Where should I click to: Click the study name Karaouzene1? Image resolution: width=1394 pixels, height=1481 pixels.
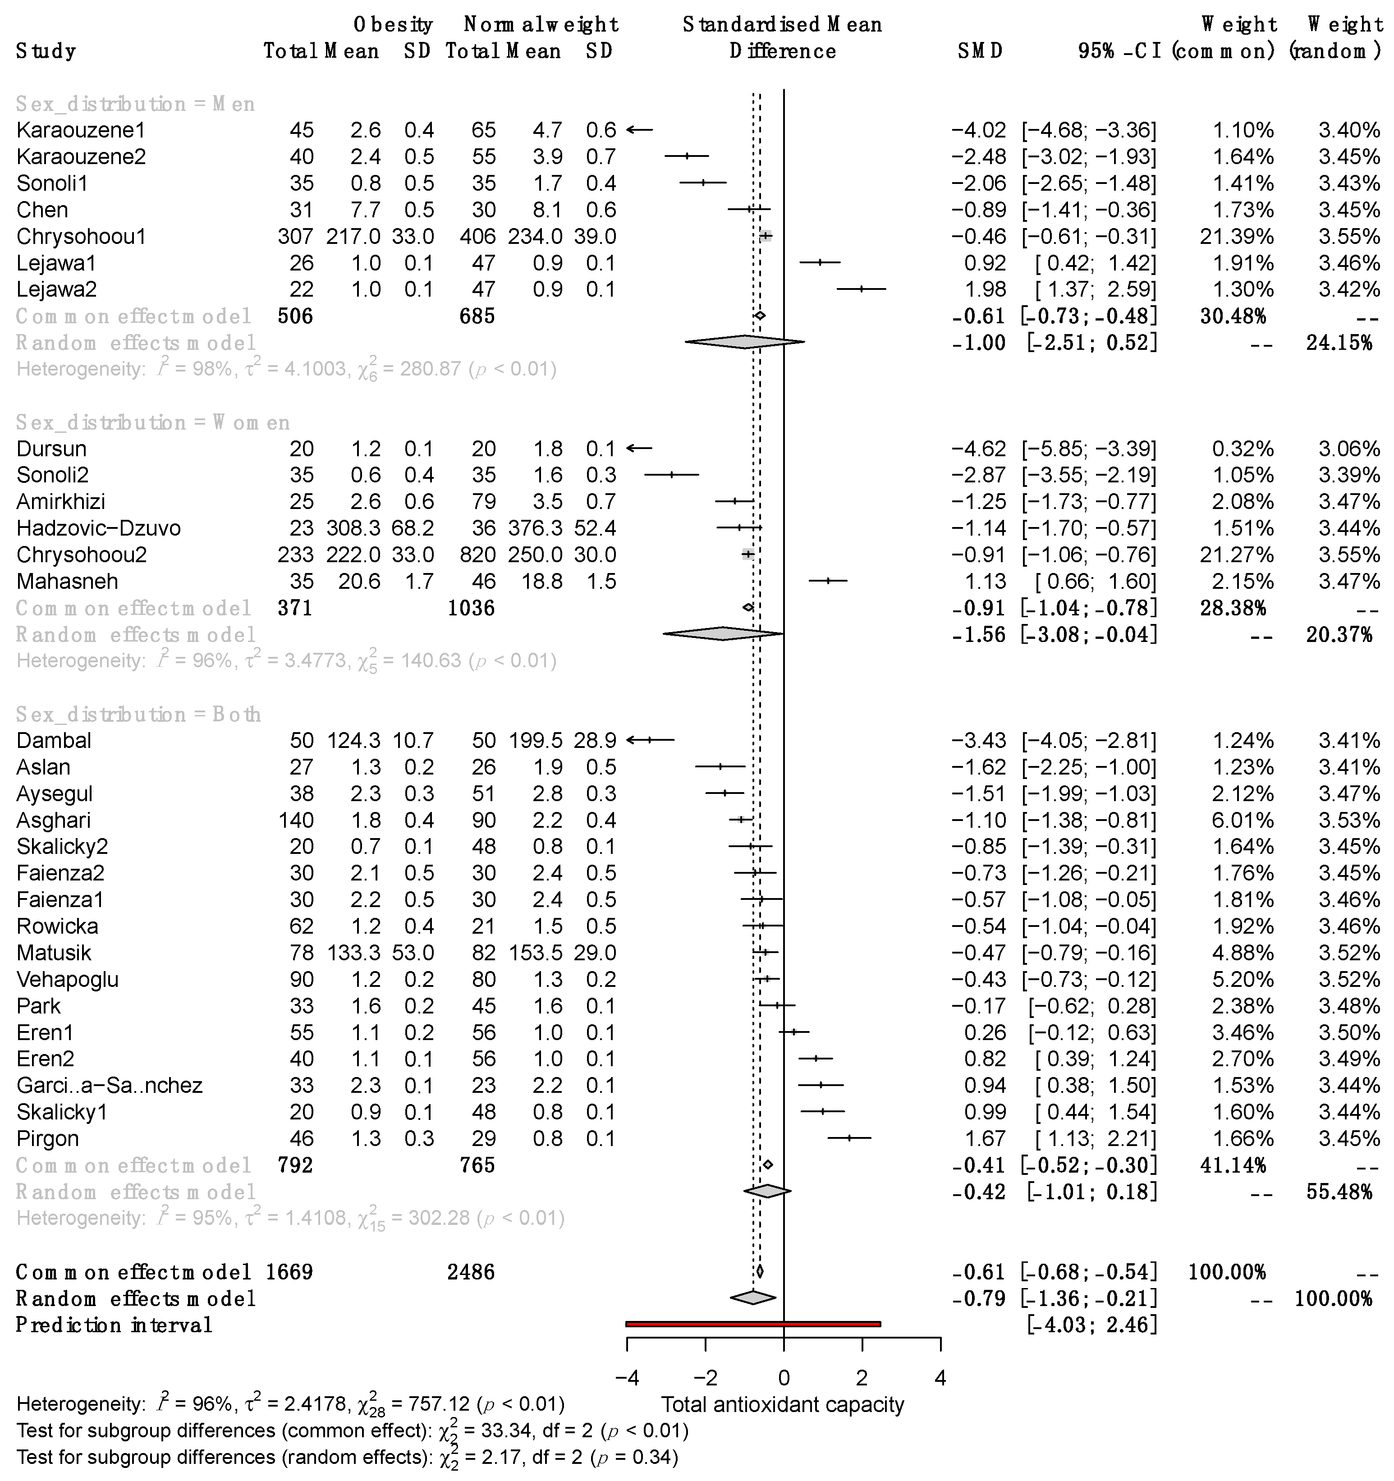[x=80, y=130]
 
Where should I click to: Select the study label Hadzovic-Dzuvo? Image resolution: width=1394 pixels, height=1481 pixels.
[x=98, y=528]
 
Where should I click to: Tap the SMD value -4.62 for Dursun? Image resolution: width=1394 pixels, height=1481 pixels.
[x=978, y=449]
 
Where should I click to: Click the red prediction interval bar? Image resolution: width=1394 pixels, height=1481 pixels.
[x=752, y=1324]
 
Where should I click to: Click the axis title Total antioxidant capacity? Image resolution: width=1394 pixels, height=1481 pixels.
[x=782, y=1404]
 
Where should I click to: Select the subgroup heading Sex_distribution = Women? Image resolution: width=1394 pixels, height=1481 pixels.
[x=153, y=422]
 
